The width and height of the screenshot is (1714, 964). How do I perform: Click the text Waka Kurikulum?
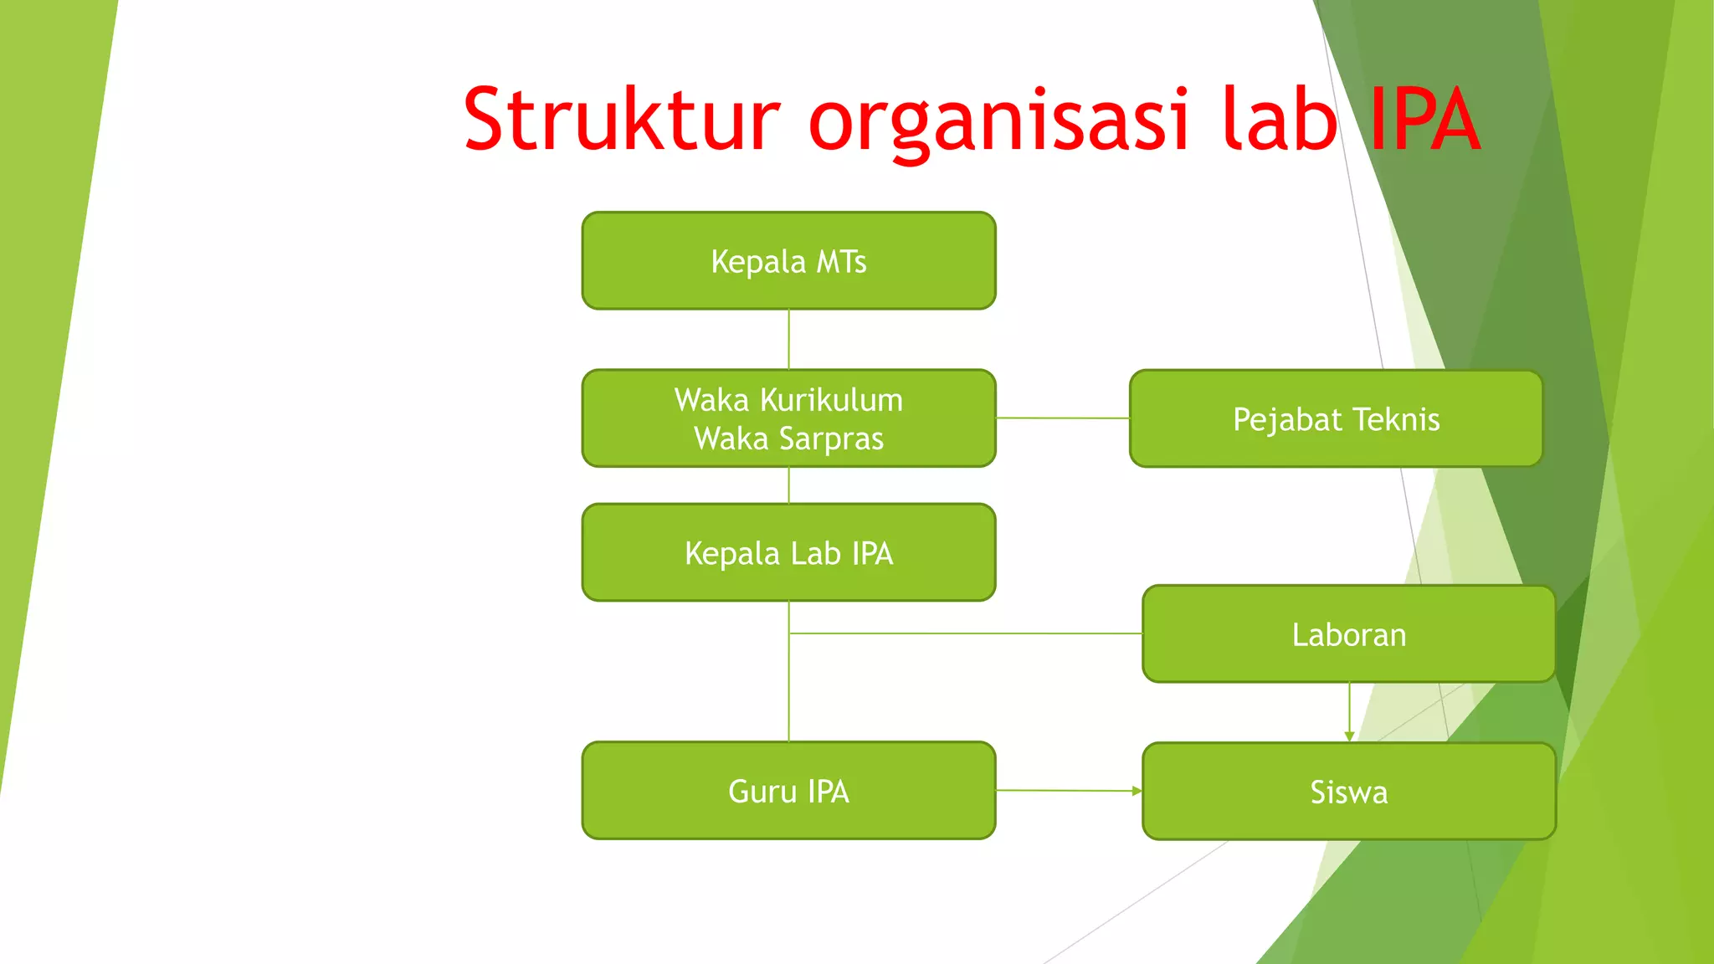(x=788, y=400)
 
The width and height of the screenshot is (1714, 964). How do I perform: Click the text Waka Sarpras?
(x=788, y=438)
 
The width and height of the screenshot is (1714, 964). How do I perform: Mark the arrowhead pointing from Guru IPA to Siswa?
(x=1137, y=791)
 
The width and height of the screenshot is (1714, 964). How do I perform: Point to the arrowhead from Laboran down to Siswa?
(x=1349, y=736)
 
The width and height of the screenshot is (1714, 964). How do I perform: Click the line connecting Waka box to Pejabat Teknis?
(x=1063, y=418)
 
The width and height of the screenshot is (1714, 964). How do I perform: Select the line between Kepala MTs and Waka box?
(x=788, y=339)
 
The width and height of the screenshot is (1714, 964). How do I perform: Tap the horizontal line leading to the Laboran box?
(x=962, y=633)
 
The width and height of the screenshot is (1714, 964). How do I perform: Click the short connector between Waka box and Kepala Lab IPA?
(x=788, y=485)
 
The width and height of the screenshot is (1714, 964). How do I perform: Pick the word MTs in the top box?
(x=841, y=261)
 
